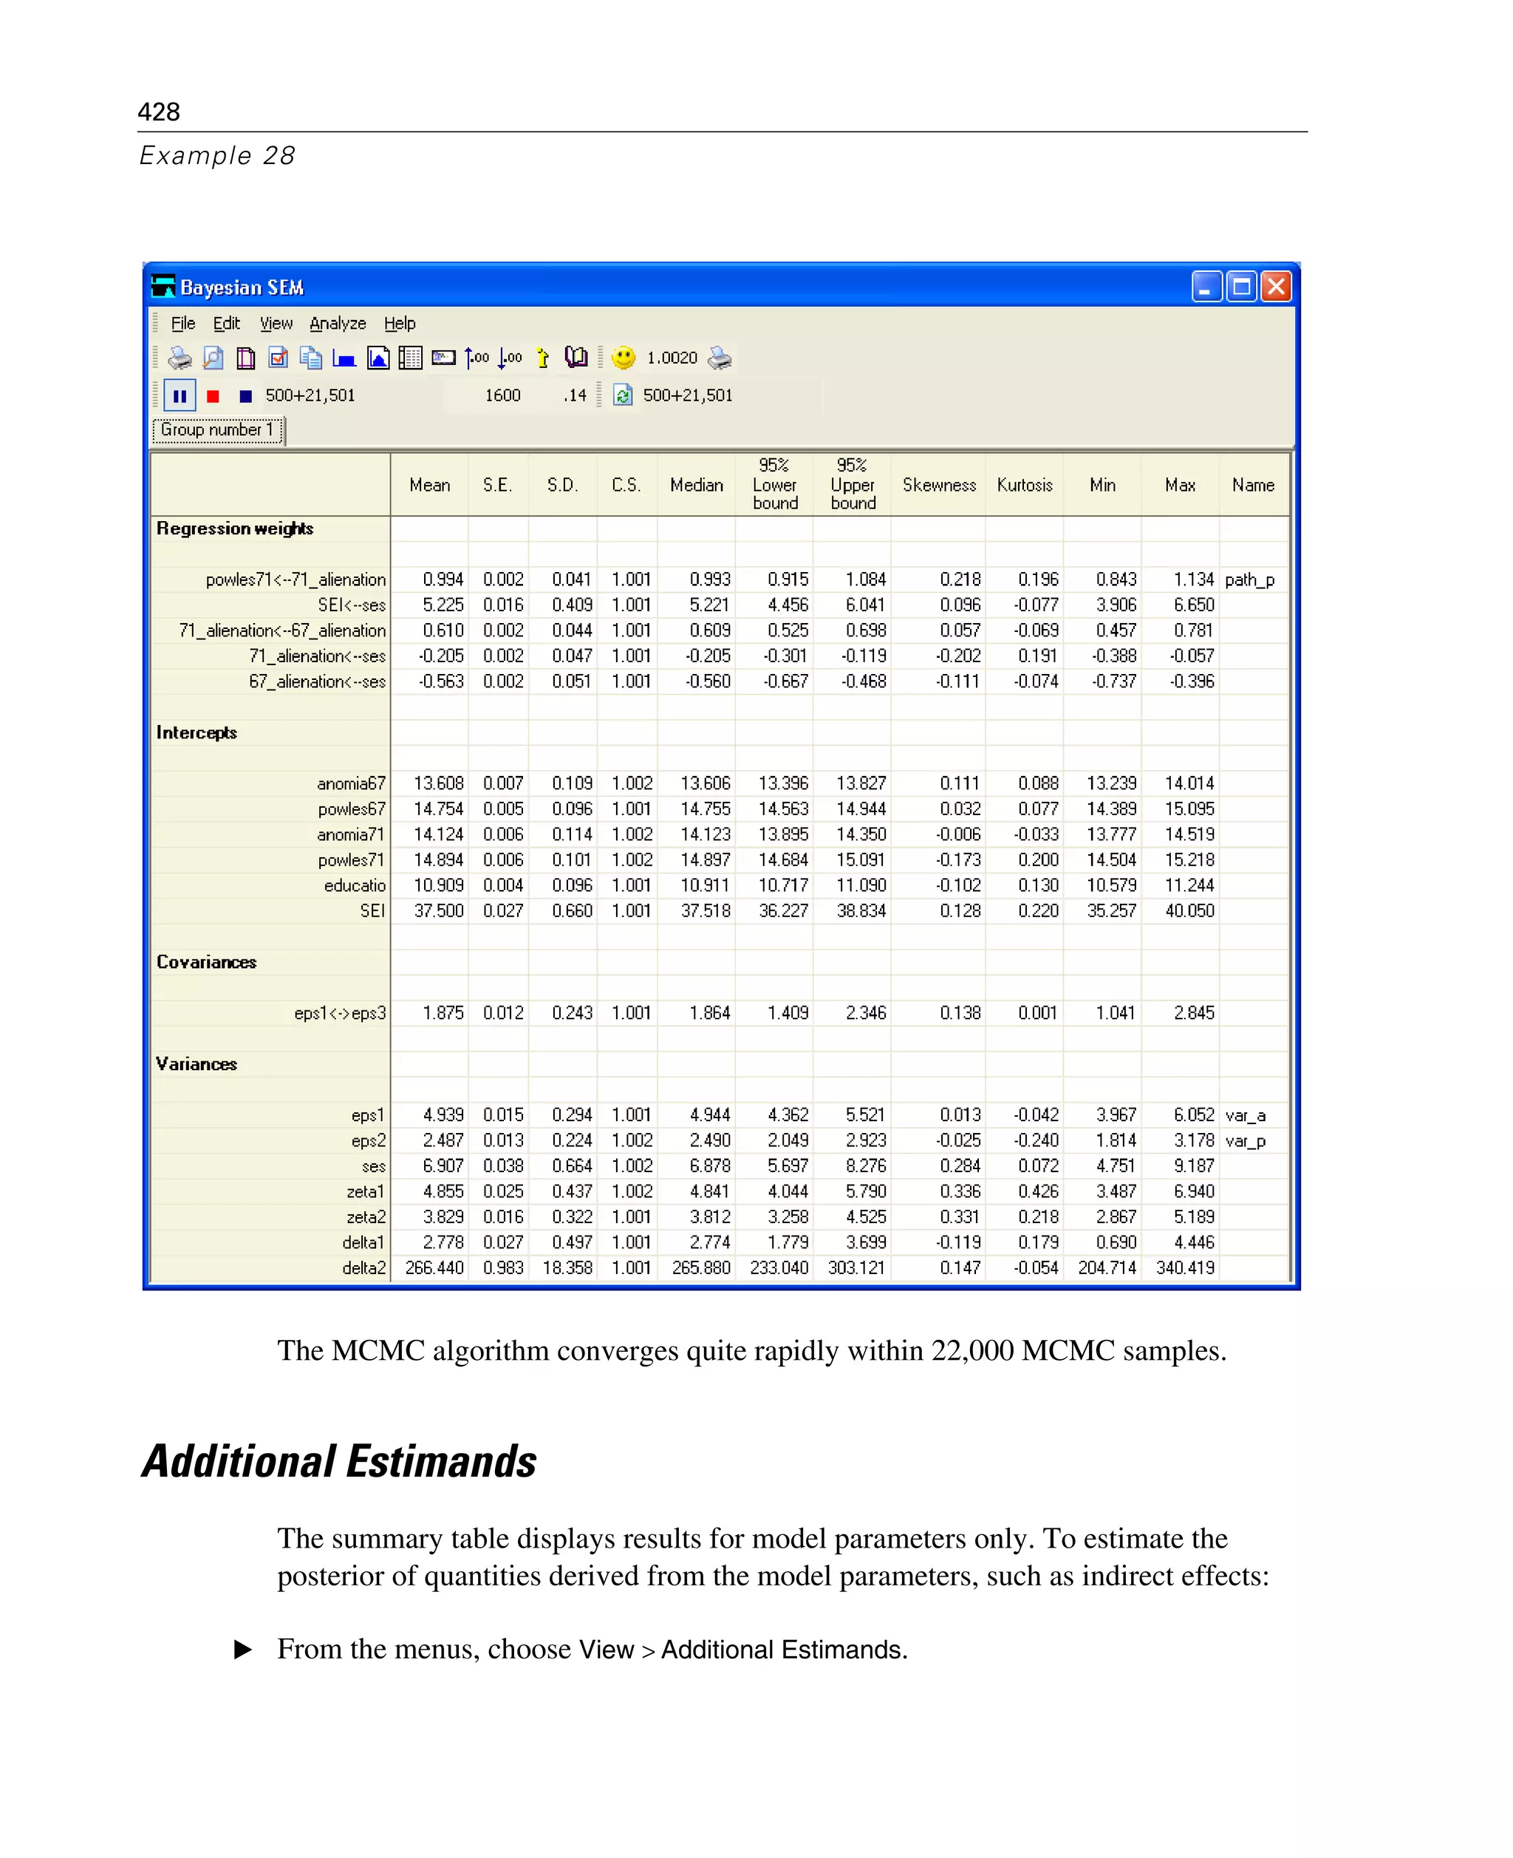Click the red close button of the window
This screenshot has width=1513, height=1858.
point(1276,286)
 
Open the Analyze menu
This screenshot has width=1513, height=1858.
point(338,324)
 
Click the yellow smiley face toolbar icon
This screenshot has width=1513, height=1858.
point(624,358)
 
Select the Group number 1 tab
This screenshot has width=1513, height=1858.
point(217,430)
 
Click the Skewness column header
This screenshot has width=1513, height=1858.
point(939,485)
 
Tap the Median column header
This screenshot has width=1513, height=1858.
point(697,485)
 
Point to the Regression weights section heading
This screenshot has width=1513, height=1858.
point(234,528)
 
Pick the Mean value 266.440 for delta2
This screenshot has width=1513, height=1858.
point(434,1267)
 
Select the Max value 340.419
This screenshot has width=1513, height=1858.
point(1184,1267)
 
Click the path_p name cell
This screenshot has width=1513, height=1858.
point(1249,580)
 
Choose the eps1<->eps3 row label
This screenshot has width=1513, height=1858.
point(340,1013)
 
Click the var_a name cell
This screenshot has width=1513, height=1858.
point(1245,1115)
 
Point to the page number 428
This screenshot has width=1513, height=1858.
point(159,112)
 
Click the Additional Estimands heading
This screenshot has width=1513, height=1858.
point(339,1462)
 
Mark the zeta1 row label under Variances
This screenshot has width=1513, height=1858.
point(365,1192)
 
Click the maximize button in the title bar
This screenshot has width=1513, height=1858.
point(1241,286)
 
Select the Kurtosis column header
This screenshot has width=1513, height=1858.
point(1024,485)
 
